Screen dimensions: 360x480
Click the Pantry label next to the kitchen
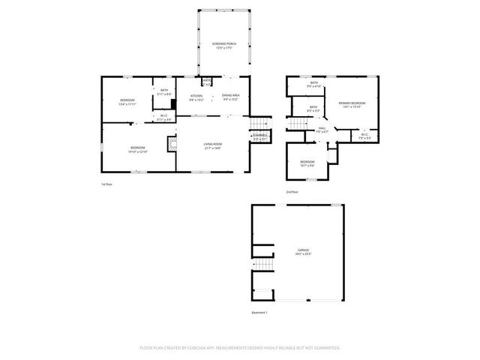click(x=205, y=81)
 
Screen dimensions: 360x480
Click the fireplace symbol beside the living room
click(x=171, y=143)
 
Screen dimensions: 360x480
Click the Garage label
click(x=303, y=250)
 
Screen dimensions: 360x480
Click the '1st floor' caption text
click(x=108, y=184)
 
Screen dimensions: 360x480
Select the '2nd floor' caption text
click(x=292, y=193)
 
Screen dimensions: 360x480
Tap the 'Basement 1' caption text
click(x=259, y=311)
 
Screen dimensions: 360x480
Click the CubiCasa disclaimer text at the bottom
click(x=240, y=348)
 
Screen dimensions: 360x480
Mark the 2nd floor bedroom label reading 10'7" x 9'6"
click(x=307, y=163)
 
